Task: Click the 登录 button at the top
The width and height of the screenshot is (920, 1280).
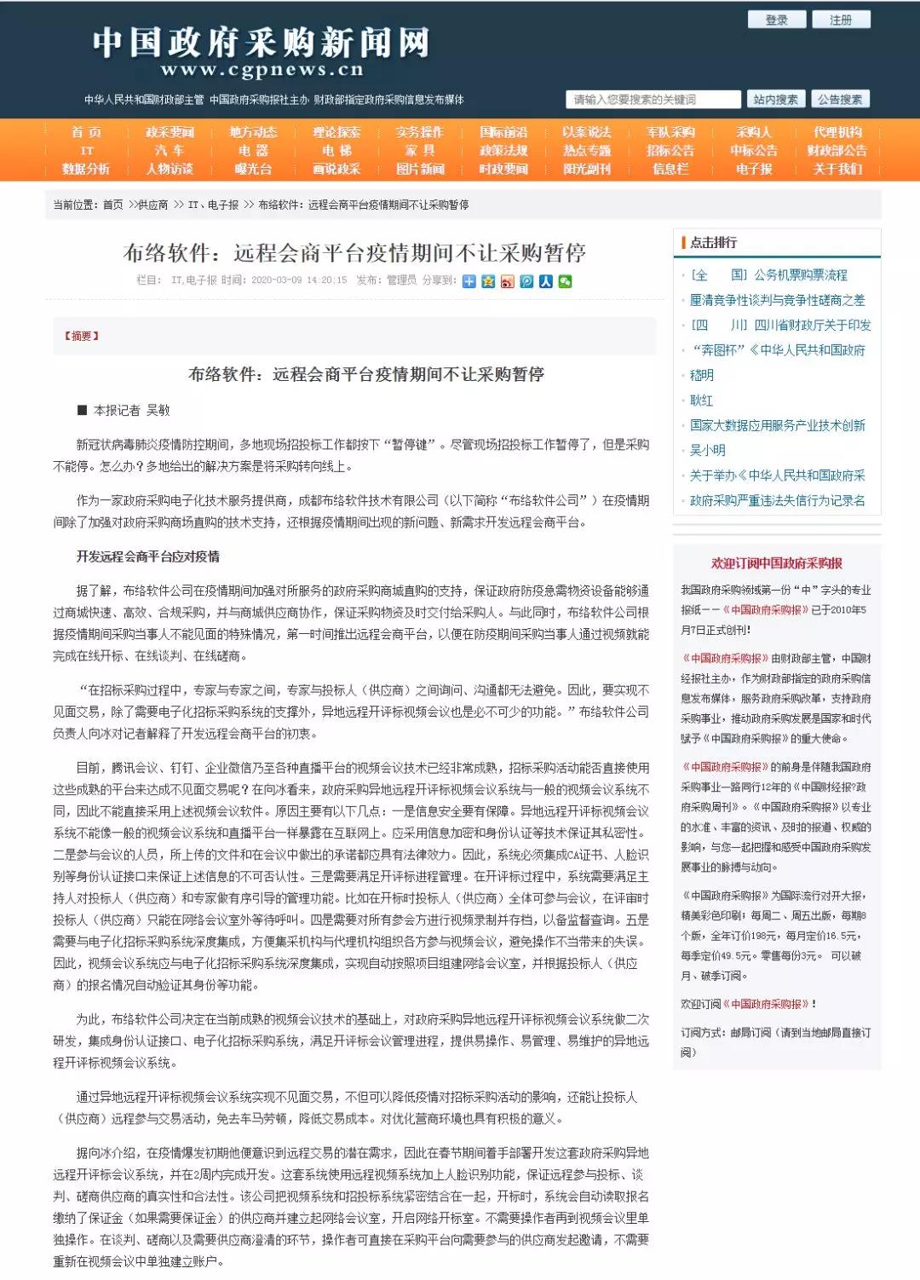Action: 776,20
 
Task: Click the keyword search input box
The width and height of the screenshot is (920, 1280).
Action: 653,100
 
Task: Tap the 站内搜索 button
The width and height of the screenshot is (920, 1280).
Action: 775,100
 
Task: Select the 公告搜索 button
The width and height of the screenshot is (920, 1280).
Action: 840,100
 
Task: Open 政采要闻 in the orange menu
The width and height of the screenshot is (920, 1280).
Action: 170,132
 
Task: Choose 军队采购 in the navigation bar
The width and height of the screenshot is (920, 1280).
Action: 670,132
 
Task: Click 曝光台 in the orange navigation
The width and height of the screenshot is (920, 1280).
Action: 253,169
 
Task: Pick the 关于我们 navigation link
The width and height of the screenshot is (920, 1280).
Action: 837,169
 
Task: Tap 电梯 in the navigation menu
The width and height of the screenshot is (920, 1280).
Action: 336,151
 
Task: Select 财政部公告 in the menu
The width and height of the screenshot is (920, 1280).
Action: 837,151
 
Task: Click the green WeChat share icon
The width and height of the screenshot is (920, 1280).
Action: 565,281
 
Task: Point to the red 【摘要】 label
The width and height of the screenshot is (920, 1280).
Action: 81,336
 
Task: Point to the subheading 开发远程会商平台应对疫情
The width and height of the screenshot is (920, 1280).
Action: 148,556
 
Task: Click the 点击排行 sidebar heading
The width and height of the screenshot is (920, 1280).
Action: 714,243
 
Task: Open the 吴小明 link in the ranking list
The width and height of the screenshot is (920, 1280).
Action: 707,450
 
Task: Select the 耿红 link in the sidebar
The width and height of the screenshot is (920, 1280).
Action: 701,400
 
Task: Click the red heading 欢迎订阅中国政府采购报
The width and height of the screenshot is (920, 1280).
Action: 777,563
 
